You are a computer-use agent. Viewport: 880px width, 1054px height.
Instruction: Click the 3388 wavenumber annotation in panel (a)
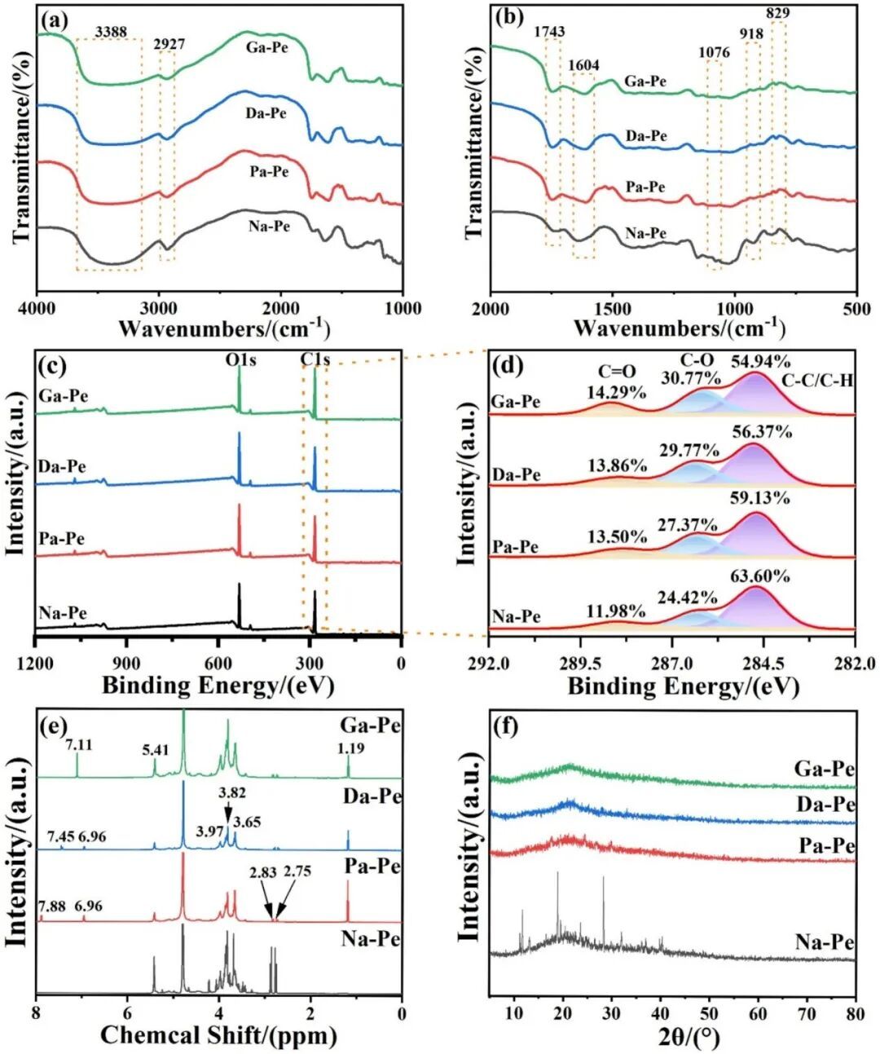[112, 31]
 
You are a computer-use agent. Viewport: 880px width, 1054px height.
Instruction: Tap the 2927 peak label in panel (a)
[169, 44]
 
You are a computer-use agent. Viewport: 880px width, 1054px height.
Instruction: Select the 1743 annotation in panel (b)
[548, 32]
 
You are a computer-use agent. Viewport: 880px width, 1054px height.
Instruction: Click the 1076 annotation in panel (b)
[715, 52]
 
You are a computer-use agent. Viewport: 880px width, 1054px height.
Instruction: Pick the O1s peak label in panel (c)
[240, 359]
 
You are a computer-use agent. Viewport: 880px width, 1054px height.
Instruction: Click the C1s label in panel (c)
[315, 359]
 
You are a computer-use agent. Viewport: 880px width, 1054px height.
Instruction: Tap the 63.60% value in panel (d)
[760, 576]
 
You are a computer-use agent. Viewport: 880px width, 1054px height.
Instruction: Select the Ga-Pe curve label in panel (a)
[267, 49]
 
